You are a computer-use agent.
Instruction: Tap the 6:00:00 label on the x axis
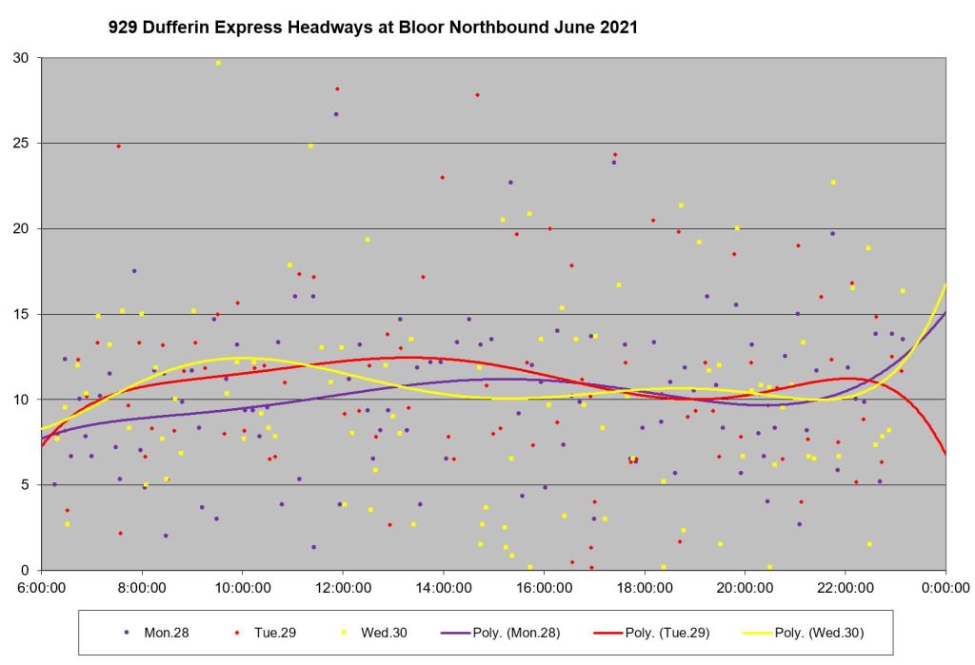(x=42, y=586)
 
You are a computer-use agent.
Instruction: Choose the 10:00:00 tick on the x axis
(x=242, y=586)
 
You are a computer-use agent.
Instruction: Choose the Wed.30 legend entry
(x=367, y=632)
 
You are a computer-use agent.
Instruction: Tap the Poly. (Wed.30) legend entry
(x=818, y=632)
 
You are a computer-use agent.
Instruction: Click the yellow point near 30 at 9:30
(x=218, y=63)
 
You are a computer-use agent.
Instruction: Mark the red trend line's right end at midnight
(x=945, y=454)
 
